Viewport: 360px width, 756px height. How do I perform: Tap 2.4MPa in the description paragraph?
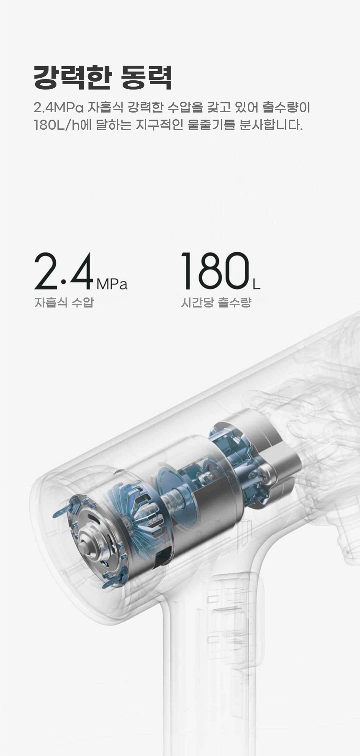pyautogui.click(x=58, y=108)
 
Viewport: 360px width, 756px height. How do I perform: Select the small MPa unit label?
pyautogui.click(x=112, y=284)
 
